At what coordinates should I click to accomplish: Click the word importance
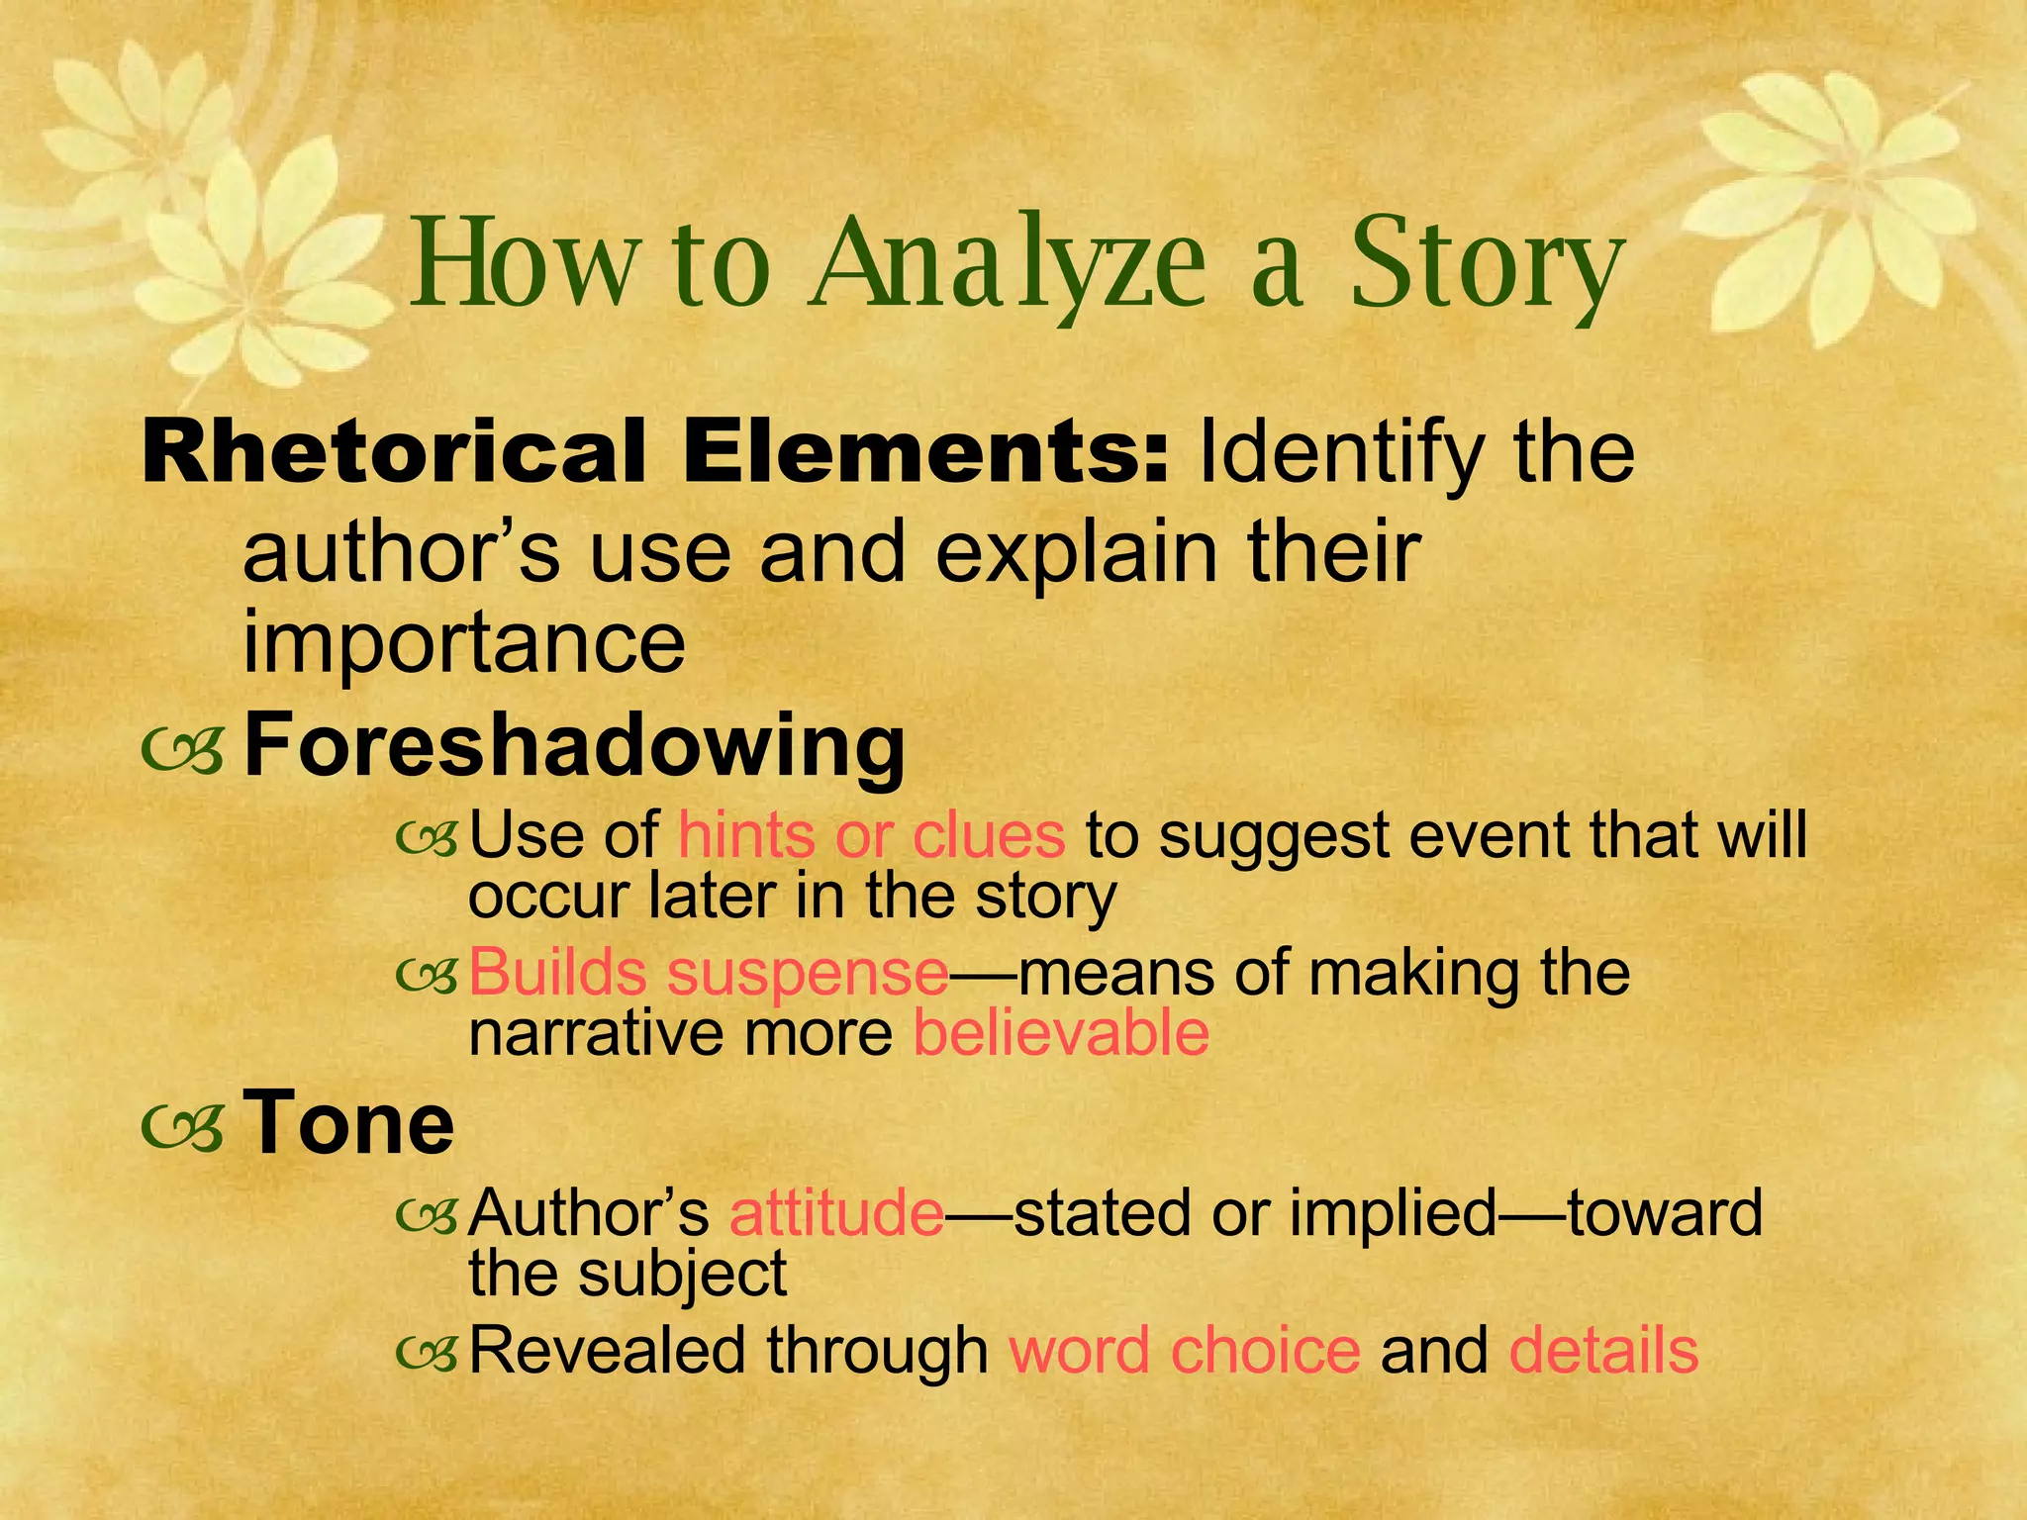click(463, 643)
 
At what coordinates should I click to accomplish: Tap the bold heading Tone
click(348, 1123)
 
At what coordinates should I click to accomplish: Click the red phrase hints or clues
click(871, 836)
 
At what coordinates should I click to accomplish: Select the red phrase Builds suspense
click(709, 973)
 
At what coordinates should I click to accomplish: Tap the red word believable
click(1061, 1034)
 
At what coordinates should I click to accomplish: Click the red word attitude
click(836, 1213)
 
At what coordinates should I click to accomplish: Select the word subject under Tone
click(683, 1275)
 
